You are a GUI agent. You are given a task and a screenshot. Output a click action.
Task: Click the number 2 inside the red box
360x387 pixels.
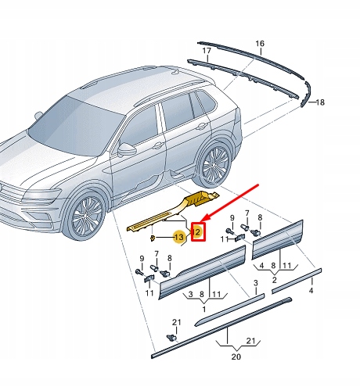point(198,232)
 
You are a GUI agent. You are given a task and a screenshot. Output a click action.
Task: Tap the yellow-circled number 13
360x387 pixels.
point(179,235)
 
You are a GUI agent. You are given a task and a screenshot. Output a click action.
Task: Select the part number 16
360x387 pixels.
point(260,43)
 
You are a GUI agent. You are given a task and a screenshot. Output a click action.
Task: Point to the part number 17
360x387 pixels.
point(207,52)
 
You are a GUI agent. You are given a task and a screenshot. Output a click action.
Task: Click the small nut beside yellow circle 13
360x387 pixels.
point(154,237)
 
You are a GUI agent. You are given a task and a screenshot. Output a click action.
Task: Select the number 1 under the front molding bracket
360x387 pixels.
point(203,310)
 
